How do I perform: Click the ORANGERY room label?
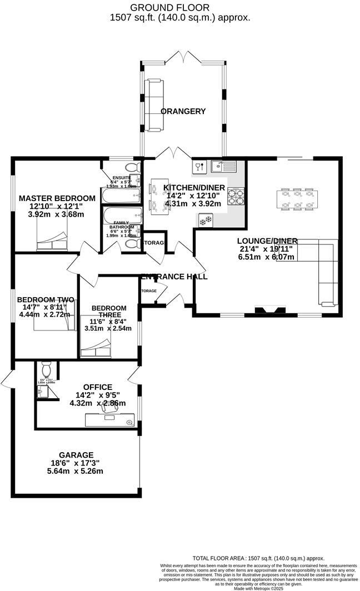pos(183,111)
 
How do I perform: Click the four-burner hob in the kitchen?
pos(238,196)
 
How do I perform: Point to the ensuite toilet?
pos(132,167)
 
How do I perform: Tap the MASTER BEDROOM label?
pos(57,198)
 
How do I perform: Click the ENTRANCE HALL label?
pos(174,276)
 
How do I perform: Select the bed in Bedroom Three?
pos(96,351)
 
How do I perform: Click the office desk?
pos(110,419)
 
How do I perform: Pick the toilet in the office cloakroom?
pos(46,369)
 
